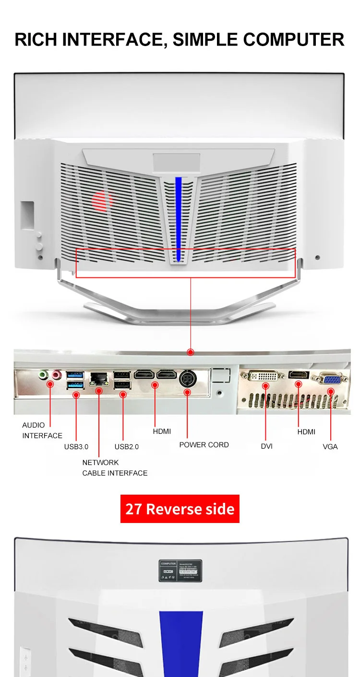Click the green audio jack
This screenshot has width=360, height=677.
pyautogui.click(x=44, y=374)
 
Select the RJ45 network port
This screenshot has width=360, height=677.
pyautogui.click(x=99, y=378)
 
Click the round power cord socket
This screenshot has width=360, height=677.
pyautogui.click(x=187, y=379)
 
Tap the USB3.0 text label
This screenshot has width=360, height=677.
pyautogui.click(x=76, y=447)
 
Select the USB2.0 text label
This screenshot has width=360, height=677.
pyautogui.click(x=127, y=447)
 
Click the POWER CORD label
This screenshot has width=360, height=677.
pyautogui.click(x=204, y=445)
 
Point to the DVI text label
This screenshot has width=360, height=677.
pyautogui.click(x=267, y=446)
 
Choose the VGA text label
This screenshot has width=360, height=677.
pyautogui.click(x=330, y=447)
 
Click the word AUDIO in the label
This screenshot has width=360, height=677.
pyautogui.click(x=34, y=425)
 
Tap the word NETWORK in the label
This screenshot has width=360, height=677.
pyautogui.click(x=100, y=463)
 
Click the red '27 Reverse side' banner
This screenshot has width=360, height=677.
pyautogui.click(x=180, y=509)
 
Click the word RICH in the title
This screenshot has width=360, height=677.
pyautogui.click(x=33, y=39)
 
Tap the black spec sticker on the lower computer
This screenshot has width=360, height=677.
pyautogui.click(x=180, y=570)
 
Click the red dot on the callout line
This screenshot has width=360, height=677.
pyautogui.click(x=191, y=352)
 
